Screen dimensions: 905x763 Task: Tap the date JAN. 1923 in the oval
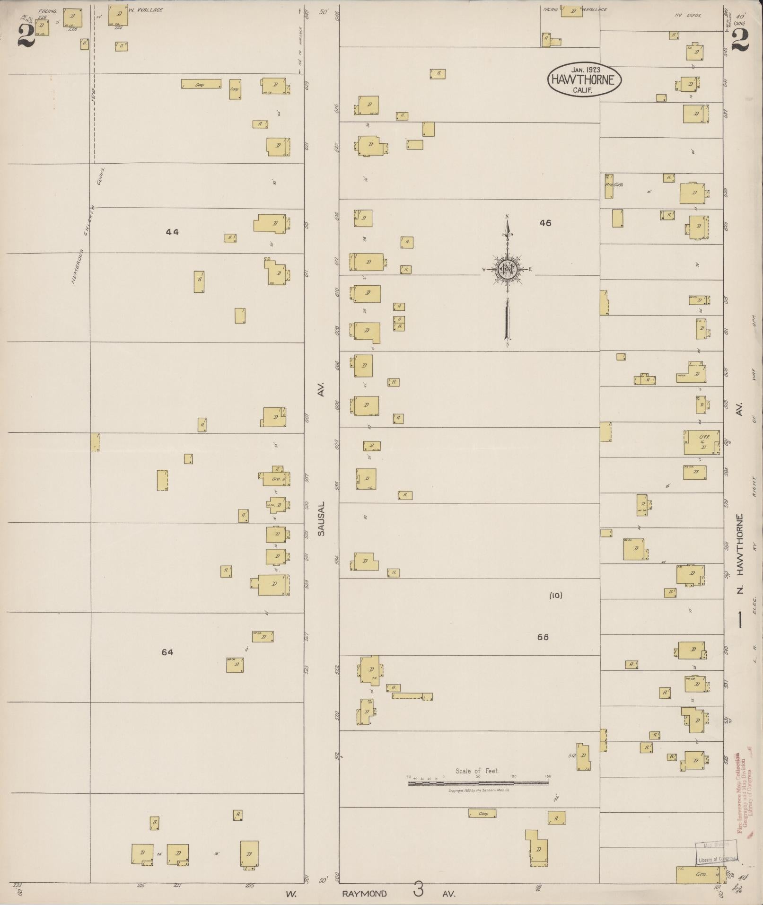pyautogui.click(x=585, y=70)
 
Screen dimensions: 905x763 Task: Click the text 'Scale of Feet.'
pyautogui.click(x=477, y=771)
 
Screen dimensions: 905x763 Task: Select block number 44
pyautogui.click(x=173, y=232)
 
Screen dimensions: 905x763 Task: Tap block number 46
pyautogui.click(x=545, y=223)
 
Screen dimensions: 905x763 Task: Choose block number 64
pyautogui.click(x=167, y=652)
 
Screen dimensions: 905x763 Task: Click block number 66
pyautogui.click(x=543, y=637)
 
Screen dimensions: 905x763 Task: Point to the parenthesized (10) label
pyautogui.click(x=556, y=595)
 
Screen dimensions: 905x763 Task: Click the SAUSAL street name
pyautogui.click(x=322, y=518)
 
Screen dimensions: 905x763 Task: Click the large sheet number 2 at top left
pyautogui.click(x=26, y=35)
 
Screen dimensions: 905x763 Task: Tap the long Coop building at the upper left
pyautogui.click(x=201, y=84)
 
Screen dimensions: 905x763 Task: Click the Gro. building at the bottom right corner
pyautogui.click(x=700, y=874)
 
